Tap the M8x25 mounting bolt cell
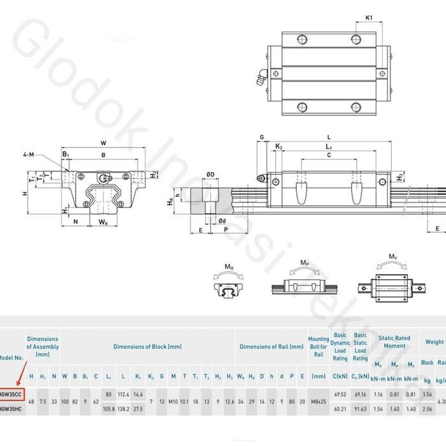(318, 401)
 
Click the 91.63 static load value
(361, 408)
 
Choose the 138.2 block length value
(123, 408)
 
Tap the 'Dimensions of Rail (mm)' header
(271, 347)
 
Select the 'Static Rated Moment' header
(395, 342)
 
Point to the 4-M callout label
(46, 154)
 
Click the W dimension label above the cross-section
(103, 143)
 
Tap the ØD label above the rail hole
(210, 174)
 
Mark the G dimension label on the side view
(261, 137)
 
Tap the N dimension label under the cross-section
(76, 222)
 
